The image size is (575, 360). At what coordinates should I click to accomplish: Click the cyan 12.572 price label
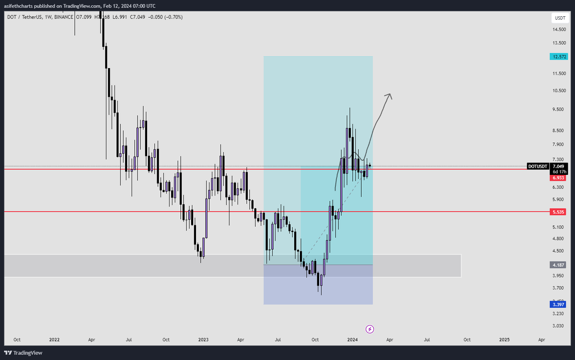click(558, 56)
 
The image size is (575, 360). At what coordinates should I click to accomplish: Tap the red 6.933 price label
click(558, 177)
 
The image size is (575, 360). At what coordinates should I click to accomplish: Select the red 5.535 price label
click(558, 211)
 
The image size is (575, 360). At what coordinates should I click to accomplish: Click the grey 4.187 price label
click(558, 265)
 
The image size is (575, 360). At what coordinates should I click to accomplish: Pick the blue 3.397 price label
click(558, 304)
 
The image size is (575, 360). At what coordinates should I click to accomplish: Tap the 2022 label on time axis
click(54, 339)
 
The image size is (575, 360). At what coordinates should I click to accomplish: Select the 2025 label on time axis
click(505, 339)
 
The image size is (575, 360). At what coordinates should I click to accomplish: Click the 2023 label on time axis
click(203, 339)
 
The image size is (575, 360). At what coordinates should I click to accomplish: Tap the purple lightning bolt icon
click(370, 329)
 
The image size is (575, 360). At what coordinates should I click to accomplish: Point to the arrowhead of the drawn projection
click(389, 95)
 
